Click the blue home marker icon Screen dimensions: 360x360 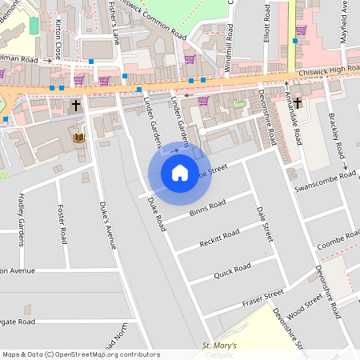[180, 173]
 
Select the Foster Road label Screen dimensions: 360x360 [62, 225]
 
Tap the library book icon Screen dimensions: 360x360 [78, 138]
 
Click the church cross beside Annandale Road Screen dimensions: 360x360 [297, 102]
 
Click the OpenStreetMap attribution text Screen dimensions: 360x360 [80, 354]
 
